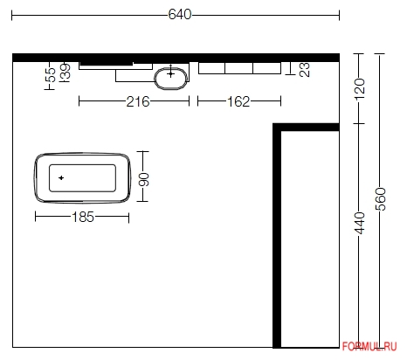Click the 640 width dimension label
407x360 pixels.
tap(180, 14)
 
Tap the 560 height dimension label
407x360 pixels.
tap(381, 199)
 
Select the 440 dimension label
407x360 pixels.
tap(360, 223)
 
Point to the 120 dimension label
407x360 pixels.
tap(360, 88)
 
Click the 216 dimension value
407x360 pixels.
tap(138, 101)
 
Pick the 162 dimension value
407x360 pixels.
tap(238, 101)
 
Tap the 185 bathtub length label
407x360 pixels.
tap(83, 217)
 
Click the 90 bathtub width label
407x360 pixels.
tap(144, 179)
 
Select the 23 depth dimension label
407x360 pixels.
tap(305, 70)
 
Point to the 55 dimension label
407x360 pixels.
tap(52, 75)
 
